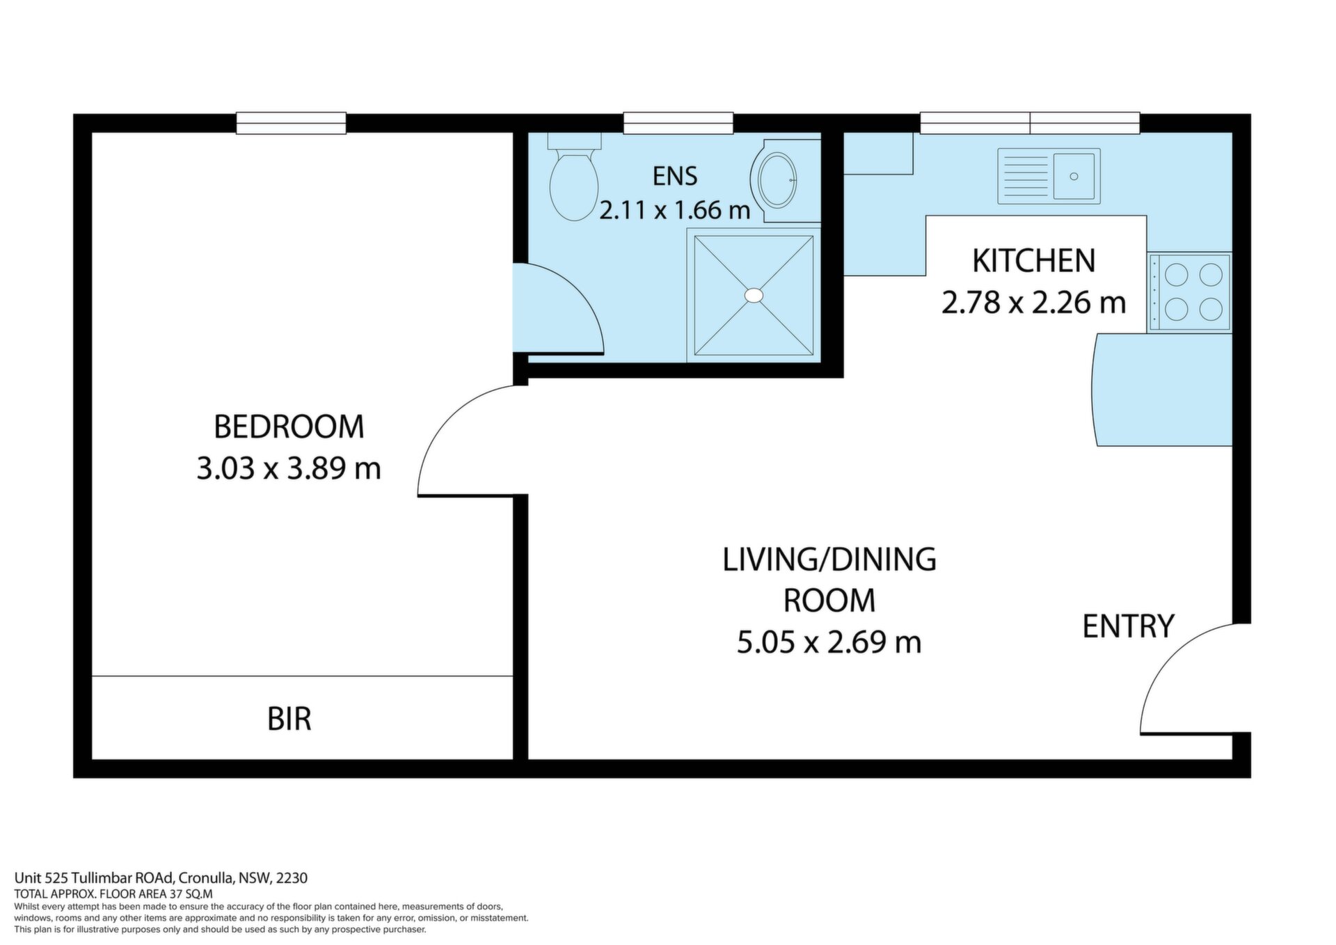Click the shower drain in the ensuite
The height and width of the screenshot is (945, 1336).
754,295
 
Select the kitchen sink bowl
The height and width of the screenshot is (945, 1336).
1074,176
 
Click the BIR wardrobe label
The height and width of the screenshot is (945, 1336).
289,719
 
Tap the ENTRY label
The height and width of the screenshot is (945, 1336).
1128,626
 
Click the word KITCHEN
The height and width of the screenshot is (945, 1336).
1033,261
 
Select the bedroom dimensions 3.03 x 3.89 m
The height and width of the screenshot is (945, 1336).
289,468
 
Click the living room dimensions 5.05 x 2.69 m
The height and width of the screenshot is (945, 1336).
829,642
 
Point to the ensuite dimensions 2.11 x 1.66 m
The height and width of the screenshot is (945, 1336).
674,209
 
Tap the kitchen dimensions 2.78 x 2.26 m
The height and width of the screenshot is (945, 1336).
1033,303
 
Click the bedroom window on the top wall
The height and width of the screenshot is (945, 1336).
291,123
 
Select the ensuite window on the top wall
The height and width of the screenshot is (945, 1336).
678,123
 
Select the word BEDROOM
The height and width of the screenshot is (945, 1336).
289,427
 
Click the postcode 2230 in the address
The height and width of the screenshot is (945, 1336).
292,878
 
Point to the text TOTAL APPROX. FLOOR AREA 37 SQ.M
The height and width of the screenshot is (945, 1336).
113,894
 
